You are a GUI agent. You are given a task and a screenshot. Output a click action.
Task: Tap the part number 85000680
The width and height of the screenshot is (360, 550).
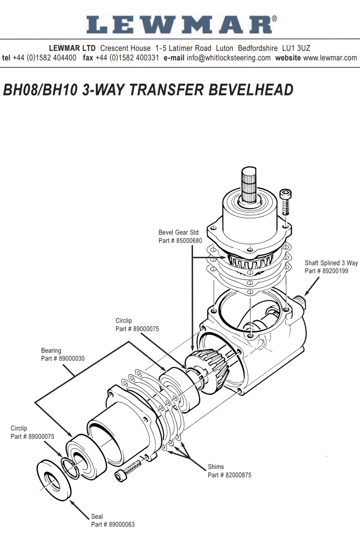(189, 241)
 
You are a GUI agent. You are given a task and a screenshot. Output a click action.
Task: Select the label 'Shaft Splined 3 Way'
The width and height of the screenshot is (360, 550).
(331, 263)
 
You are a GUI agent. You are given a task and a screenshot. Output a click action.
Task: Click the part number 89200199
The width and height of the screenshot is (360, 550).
(335, 271)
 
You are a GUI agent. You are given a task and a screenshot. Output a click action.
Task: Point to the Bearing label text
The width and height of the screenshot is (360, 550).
(51, 351)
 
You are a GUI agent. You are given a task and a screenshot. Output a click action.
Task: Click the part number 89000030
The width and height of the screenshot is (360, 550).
(71, 358)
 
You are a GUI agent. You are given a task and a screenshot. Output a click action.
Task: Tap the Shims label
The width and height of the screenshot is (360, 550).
(216, 467)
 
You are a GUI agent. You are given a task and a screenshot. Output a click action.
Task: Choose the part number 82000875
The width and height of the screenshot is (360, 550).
(238, 475)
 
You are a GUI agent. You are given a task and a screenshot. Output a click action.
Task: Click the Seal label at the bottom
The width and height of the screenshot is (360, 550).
(97, 516)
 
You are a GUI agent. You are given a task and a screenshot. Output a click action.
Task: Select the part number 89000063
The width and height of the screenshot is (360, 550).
(122, 524)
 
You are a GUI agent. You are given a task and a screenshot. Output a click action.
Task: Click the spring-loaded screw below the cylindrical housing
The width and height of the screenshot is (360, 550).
(128, 470)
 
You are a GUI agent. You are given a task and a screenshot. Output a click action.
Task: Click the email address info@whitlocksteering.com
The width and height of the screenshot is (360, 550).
(228, 58)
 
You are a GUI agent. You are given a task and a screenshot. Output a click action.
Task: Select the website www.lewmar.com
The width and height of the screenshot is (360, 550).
(330, 58)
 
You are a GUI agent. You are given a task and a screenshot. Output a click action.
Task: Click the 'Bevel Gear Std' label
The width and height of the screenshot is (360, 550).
(178, 232)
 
